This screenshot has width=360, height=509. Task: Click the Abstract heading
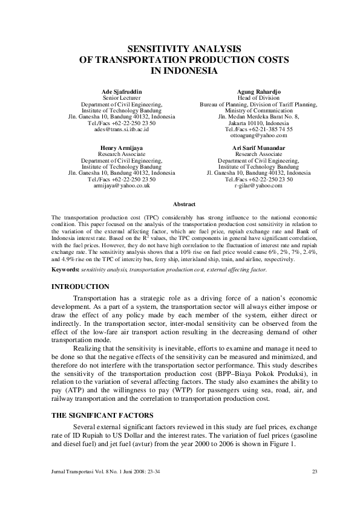(184, 204)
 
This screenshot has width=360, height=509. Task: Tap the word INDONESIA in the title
(183, 71)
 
